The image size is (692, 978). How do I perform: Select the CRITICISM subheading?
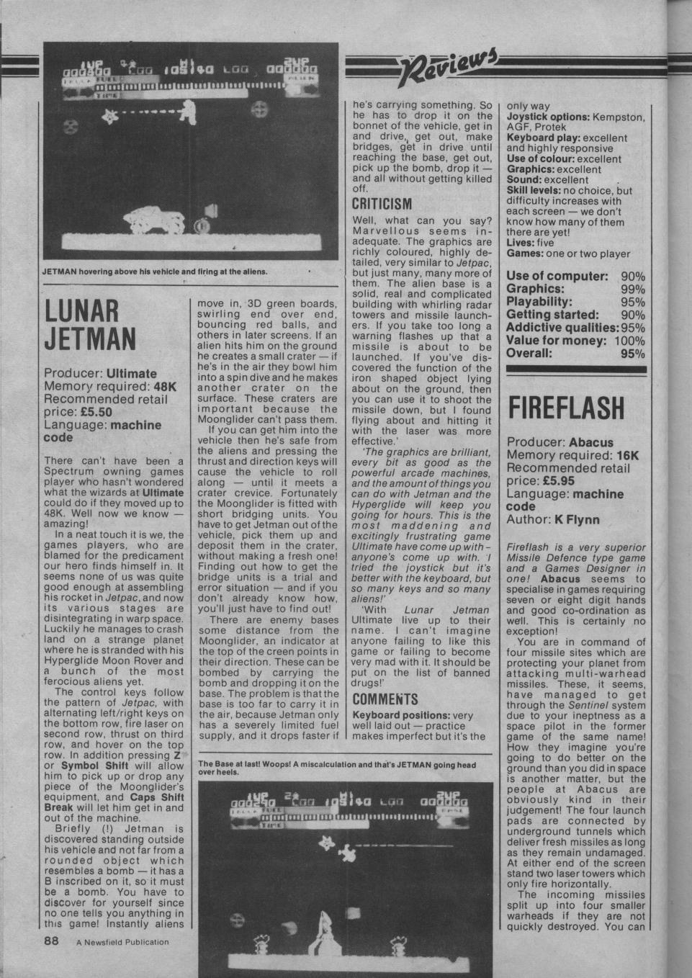click(x=382, y=203)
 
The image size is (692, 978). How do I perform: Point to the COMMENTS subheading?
click(x=385, y=699)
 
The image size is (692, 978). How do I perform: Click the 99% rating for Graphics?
click(x=632, y=289)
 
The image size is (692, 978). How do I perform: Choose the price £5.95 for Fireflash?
click(x=546, y=481)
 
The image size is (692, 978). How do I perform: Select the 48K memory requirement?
click(x=167, y=386)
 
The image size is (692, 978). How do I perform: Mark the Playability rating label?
click(x=540, y=302)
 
